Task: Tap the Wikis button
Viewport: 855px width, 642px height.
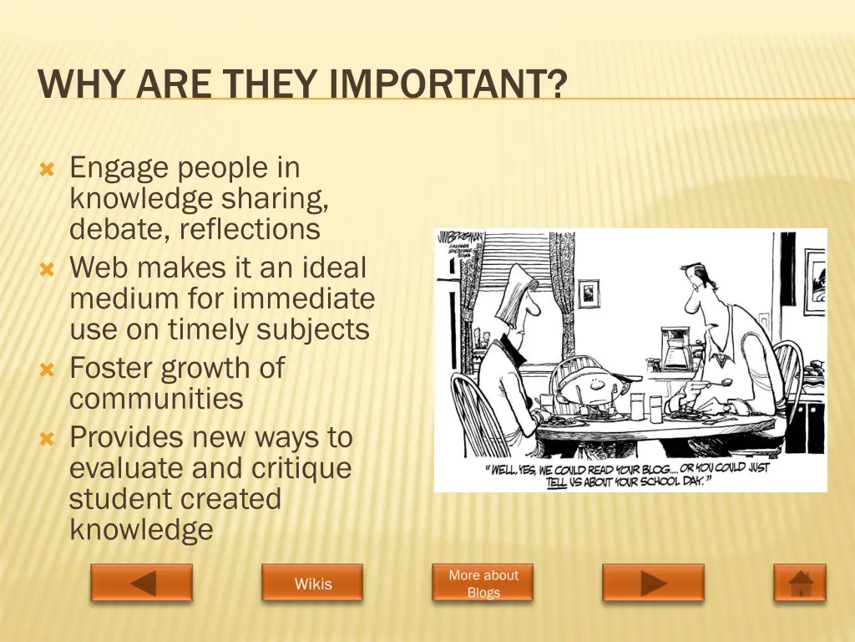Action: pyautogui.click(x=312, y=583)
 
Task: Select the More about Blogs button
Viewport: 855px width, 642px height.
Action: pyautogui.click(x=483, y=583)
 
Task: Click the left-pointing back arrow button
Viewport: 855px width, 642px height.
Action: pyautogui.click(x=142, y=583)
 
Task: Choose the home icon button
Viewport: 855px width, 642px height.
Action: pyautogui.click(x=800, y=583)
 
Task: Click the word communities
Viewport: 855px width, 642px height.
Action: pyautogui.click(x=156, y=399)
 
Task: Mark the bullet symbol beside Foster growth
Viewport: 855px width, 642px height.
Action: pyautogui.click(x=47, y=369)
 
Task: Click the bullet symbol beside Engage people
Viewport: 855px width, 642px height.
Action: pyautogui.click(x=47, y=170)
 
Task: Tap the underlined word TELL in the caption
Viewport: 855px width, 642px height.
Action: pyautogui.click(x=557, y=482)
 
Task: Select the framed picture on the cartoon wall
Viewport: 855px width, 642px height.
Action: pyautogui.click(x=589, y=293)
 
